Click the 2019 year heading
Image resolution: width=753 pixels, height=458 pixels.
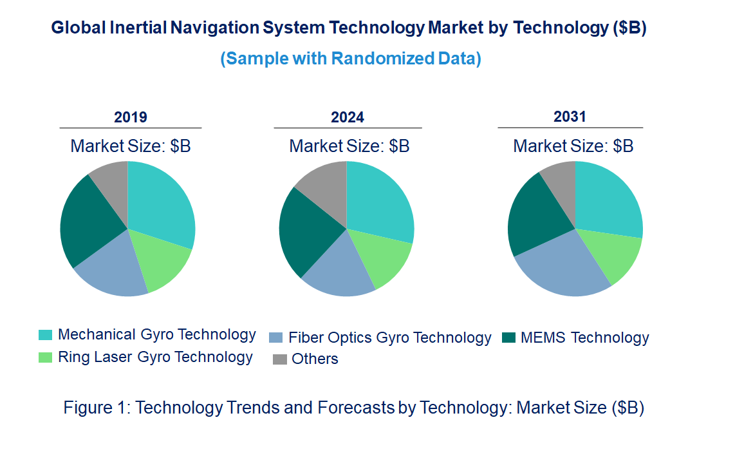pos(130,117)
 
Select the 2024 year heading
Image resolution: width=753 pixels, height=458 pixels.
pos(348,117)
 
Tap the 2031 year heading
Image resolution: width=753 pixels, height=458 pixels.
pos(570,117)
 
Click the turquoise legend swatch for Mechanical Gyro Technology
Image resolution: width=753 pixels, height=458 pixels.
pos(45,335)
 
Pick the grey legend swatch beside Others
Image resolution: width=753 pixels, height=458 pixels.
pos(279,359)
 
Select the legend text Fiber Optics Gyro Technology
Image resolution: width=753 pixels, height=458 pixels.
pos(389,338)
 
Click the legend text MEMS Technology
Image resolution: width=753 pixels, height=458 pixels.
pos(584,338)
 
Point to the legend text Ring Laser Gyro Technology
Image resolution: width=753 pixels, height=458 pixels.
pos(155,357)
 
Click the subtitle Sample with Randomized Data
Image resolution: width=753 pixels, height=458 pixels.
pos(351,59)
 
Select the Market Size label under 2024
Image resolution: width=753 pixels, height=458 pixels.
pos(349,146)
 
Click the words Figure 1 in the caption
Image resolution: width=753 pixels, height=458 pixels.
pos(95,408)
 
